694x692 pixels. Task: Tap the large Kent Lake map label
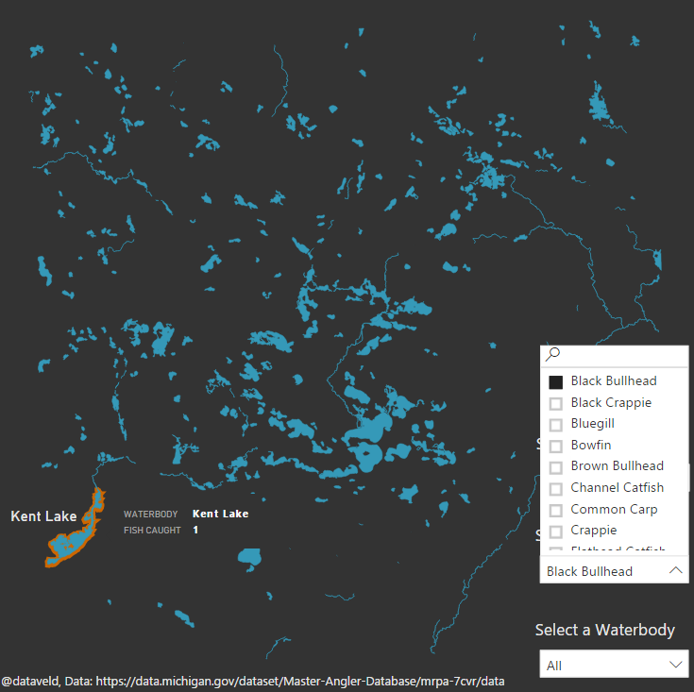pos(43,516)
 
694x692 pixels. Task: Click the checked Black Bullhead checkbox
pos(556,381)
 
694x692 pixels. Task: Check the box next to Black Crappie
pos(556,403)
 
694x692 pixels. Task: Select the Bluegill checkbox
pos(556,425)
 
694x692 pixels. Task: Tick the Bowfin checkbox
pos(556,446)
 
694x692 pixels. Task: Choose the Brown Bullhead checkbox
pos(556,466)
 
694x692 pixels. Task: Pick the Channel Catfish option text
pos(617,488)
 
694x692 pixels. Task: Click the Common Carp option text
pos(614,510)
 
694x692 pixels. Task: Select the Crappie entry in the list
pos(594,531)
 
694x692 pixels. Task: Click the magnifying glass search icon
pos(553,355)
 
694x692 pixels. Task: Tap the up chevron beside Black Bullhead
pos(675,570)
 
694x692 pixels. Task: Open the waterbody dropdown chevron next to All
pos(675,665)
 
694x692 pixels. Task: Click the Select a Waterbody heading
pos(605,630)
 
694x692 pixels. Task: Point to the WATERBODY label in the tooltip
pos(150,515)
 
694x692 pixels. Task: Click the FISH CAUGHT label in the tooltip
pos(152,531)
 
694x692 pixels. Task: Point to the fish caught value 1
pos(195,531)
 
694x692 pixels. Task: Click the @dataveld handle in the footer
pos(30,681)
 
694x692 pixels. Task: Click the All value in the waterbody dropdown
pos(554,666)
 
